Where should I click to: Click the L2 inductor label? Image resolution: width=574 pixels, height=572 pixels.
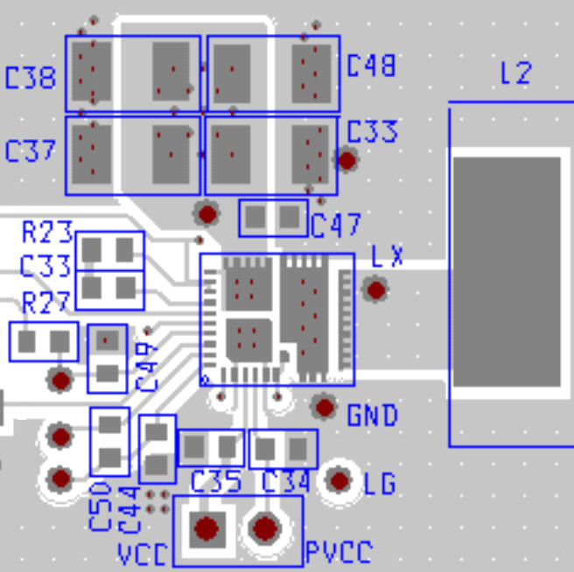tap(515, 73)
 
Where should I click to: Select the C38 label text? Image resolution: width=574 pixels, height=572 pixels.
tap(31, 78)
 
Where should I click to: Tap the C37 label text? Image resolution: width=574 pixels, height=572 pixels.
tap(31, 150)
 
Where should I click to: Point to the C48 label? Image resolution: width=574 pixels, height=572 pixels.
tap(371, 66)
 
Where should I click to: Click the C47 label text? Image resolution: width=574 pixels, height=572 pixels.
tap(335, 226)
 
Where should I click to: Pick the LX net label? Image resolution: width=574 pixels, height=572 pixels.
tap(387, 256)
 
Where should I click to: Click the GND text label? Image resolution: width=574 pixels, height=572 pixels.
tap(373, 415)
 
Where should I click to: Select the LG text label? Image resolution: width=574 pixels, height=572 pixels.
tap(380, 483)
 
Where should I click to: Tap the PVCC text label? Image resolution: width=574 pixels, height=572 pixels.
tap(339, 552)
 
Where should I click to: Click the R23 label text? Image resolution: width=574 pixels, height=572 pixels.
tap(47, 233)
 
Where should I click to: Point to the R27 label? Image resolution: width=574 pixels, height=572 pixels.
tap(47, 303)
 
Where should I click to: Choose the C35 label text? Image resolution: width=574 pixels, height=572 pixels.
tap(215, 481)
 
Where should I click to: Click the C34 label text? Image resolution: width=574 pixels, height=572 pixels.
tap(285, 481)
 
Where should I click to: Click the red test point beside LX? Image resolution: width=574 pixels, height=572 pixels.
tap(376, 289)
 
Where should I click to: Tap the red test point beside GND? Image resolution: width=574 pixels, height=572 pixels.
tap(325, 406)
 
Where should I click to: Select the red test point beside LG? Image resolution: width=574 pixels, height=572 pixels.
tap(339, 480)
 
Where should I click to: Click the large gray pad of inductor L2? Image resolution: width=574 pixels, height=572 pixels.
tap(507, 272)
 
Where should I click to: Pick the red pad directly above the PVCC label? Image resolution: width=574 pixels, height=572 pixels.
tap(265, 527)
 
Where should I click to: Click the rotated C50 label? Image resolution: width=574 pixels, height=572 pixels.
tap(100, 505)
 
